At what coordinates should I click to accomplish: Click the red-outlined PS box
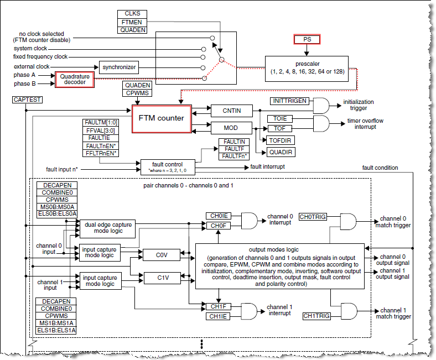[307, 40]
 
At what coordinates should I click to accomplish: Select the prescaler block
[307, 68]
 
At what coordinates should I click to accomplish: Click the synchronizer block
[118, 67]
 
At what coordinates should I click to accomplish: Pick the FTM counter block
[160, 117]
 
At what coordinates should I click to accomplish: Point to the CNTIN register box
[231, 110]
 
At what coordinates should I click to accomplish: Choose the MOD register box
[231, 128]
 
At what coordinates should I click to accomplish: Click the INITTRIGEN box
[288, 101]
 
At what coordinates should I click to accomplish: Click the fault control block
[165, 166]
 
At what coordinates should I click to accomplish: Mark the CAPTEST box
[27, 100]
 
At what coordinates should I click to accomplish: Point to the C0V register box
[161, 255]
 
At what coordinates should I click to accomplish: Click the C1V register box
[161, 278]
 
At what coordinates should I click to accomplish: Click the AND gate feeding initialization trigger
[321, 105]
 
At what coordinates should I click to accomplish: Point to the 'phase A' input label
[25, 75]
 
